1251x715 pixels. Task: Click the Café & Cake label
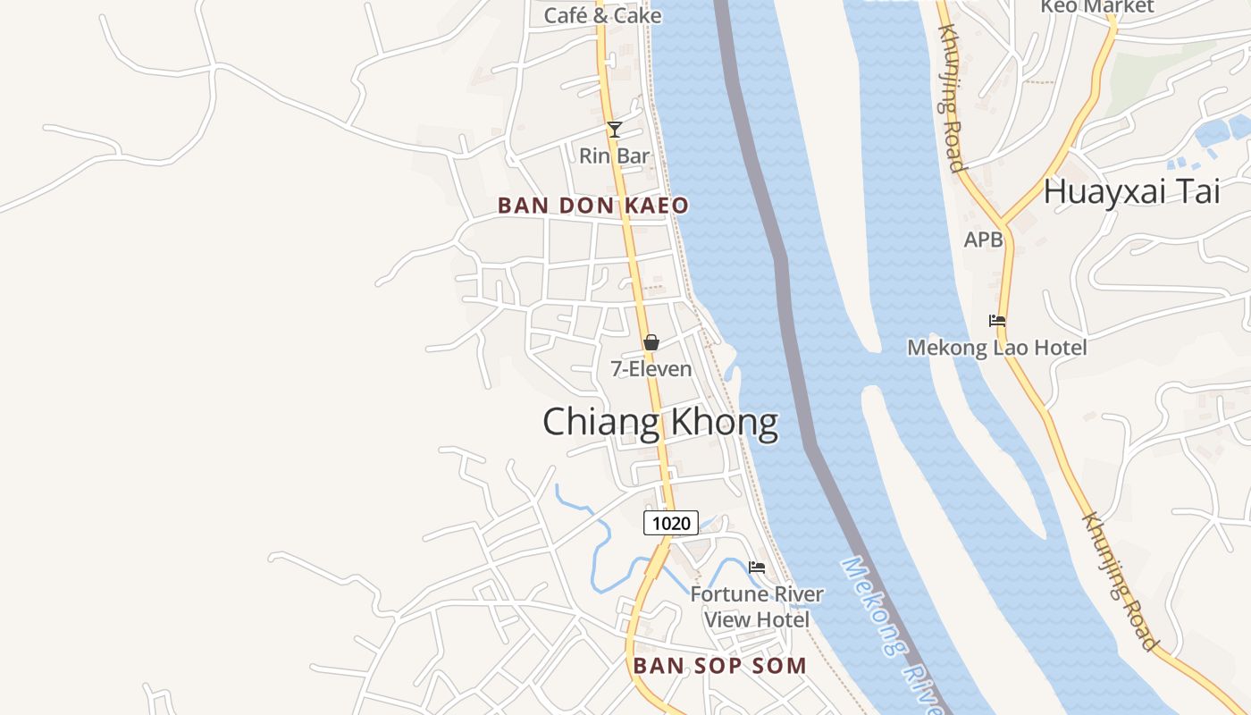coord(603,15)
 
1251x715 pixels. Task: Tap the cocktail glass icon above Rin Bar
coord(615,130)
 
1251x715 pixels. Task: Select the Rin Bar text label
coord(615,156)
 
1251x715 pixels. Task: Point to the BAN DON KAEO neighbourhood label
coord(593,206)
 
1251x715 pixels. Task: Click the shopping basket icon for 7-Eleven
coord(651,342)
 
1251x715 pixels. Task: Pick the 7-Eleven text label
coord(651,368)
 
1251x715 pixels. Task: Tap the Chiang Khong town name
coord(660,422)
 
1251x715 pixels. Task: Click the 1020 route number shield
coord(671,523)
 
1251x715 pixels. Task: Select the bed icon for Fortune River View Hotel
coord(757,568)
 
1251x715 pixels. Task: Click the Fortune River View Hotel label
coord(757,606)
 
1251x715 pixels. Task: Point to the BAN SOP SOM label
coord(720,666)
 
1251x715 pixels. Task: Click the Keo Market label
coord(1097,7)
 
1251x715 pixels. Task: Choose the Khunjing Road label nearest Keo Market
coord(950,98)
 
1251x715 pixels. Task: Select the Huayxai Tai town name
coord(1132,192)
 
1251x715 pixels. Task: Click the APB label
coord(983,240)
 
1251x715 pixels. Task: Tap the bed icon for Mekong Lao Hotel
coord(997,321)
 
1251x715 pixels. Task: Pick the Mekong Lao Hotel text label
coord(997,348)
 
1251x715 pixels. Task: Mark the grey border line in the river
coord(786,295)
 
